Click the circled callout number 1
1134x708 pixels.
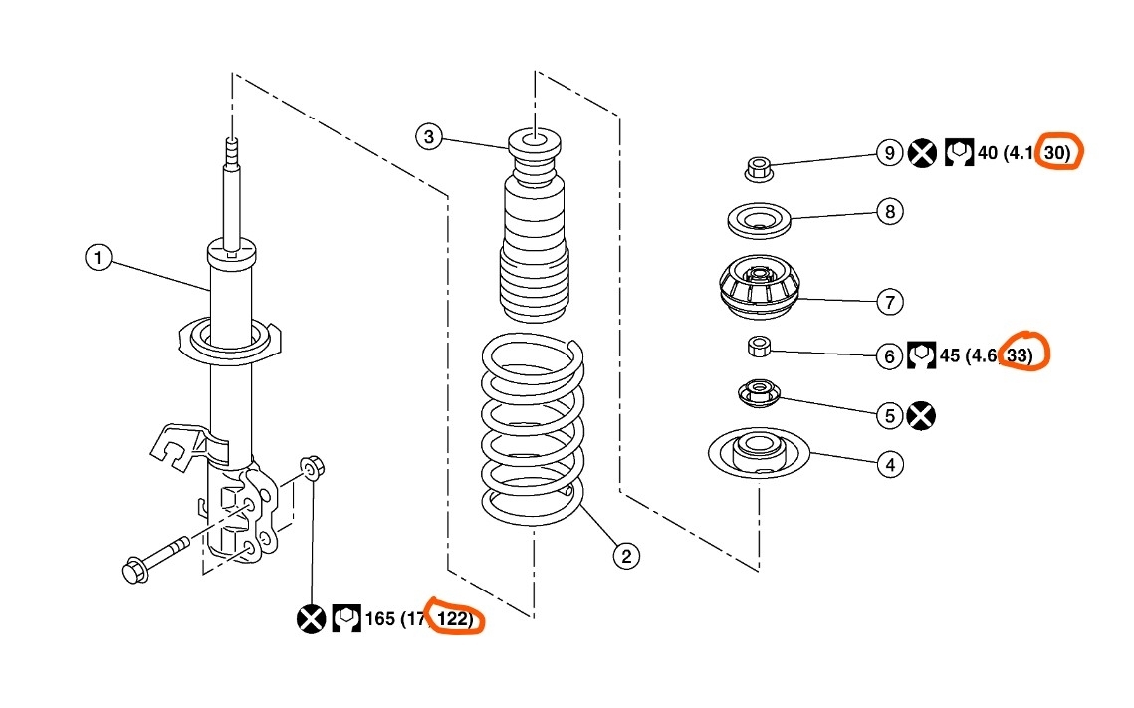(x=98, y=259)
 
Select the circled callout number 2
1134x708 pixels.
(x=625, y=556)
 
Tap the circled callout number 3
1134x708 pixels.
(x=428, y=136)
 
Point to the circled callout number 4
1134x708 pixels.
(x=890, y=464)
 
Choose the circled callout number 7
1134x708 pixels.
(x=890, y=300)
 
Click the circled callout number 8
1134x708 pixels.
(x=890, y=211)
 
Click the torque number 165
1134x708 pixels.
(x=380, y=619)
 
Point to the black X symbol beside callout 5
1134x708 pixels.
(x=922, y=415)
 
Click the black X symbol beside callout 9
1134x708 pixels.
(x=922, y=153)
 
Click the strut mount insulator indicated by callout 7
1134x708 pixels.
(x=758, y=289)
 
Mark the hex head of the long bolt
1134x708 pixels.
(x=132, y=570)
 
